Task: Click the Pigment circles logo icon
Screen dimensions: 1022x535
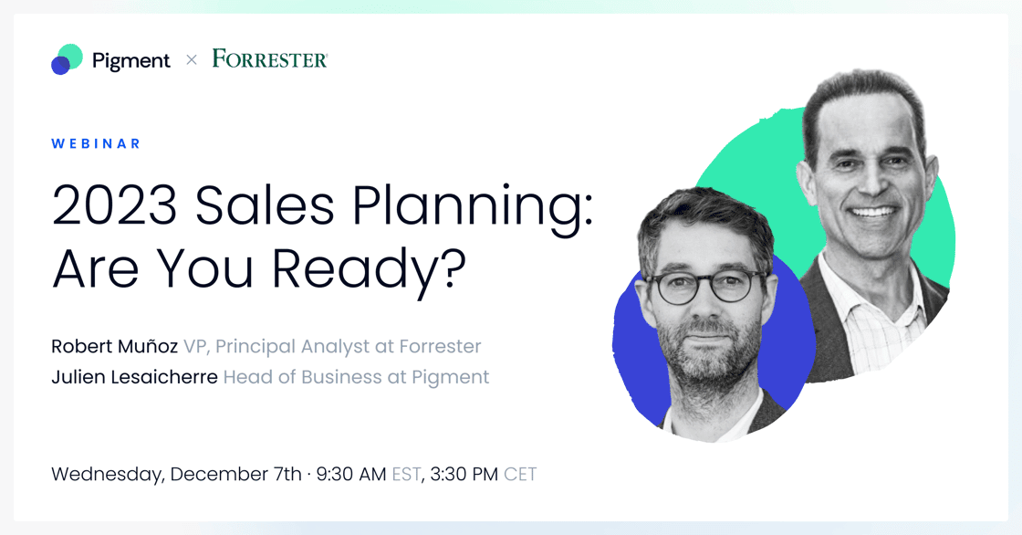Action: [68, 59]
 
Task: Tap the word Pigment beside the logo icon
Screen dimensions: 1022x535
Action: [131, 61]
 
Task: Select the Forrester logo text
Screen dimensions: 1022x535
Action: [270, 58]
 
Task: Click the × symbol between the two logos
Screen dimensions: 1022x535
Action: [192, 60]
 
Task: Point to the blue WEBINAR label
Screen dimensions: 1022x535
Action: [96, 143]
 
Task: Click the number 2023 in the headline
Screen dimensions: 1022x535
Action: [115, 206]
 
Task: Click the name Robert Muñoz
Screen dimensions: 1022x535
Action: [115, 346]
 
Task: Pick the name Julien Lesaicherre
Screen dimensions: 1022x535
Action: [134, 377]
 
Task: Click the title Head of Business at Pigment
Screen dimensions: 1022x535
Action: [356, 378]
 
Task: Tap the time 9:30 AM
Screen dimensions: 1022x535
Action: [351, 475]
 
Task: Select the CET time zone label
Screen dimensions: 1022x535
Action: [520, 475]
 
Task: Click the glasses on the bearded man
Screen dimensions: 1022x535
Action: [704, 287]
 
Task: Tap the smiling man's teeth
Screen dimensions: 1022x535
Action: [873, 212]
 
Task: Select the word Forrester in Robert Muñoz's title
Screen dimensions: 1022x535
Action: [440, 346]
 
